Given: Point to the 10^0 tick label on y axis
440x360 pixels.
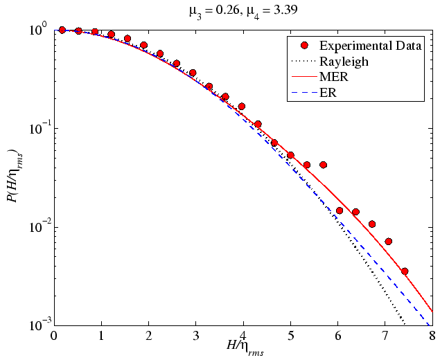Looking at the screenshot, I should [x=37, y=31].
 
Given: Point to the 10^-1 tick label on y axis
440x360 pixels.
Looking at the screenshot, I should [x=37, y=129].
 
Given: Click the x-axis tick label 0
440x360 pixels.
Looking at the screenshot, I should [x=54, y=336].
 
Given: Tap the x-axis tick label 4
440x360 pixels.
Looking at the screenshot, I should [x=243, y=336].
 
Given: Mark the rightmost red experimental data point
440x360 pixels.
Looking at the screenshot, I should [x=405, y=271].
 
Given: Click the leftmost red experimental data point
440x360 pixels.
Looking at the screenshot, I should [x=62, y=30].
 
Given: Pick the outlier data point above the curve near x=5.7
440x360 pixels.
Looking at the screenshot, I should [x=323, y=165].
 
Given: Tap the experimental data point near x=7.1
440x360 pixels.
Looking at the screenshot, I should [x=389, y=242].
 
